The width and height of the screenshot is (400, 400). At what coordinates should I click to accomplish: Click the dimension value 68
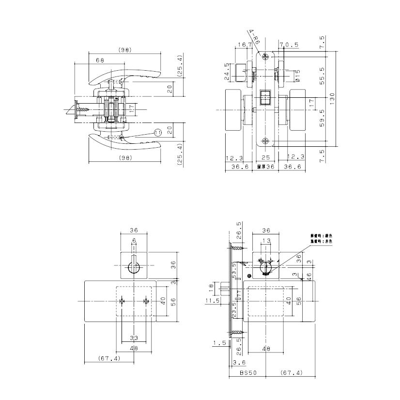coord(100,61)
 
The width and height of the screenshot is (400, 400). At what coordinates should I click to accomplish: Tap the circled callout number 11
coord(158,132)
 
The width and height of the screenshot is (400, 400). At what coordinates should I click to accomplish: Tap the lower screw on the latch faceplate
coord(265,141)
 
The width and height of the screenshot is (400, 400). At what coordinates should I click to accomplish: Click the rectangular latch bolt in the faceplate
coord(265,97)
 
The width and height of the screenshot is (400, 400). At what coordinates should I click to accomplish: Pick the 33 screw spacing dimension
coord(134,338)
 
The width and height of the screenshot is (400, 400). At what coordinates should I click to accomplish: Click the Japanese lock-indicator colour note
coord(321,238)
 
